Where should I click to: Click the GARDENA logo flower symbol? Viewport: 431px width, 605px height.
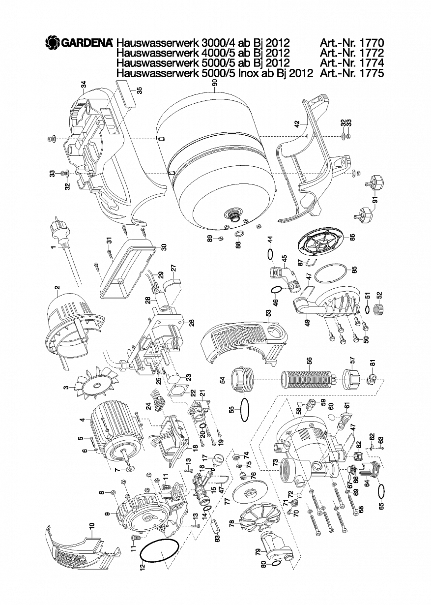tap(52, 43)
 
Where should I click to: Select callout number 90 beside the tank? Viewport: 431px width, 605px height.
tap(214, 85)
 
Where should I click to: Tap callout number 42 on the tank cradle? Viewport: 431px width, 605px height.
tap(296, 124)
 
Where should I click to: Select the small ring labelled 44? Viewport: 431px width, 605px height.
tap(269, 254)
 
